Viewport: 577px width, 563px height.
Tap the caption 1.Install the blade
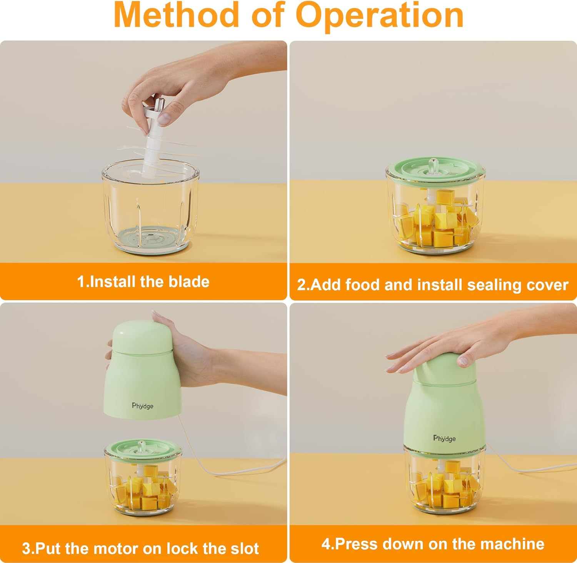tap(143, 282)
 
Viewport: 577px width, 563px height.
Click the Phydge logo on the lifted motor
tap(143, 406)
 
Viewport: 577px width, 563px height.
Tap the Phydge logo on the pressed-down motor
tap(444, 438)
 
